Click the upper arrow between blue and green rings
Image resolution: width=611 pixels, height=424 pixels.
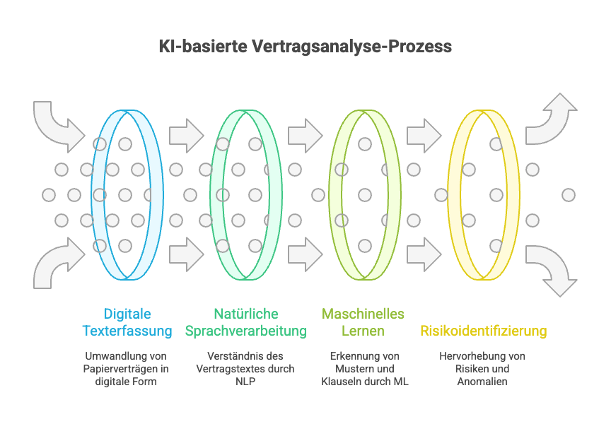coord(187,134)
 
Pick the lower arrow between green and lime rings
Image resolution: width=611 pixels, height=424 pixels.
coord(305,254)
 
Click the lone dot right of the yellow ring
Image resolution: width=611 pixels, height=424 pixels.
coord(568,194)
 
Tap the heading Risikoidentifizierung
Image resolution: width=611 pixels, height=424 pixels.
coord(483,331)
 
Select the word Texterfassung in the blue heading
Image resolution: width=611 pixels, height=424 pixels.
coord(127,331)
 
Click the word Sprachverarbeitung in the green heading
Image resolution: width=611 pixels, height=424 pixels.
coord(245,331)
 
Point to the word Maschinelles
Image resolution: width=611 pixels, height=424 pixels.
coord(363,313)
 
